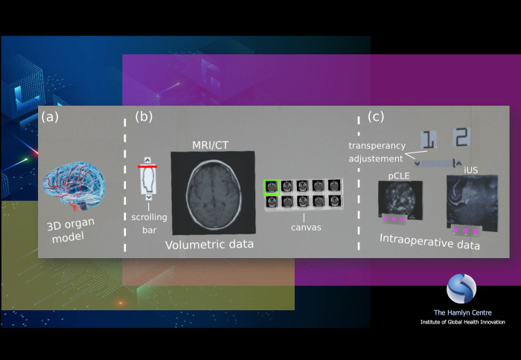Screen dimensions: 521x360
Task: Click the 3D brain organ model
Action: click(x=74, y=186)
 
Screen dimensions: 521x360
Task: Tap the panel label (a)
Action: click(x=50, y=117)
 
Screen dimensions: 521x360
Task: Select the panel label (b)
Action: click(x=144, y=117)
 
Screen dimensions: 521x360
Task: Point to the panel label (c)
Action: click(x=376, y=117)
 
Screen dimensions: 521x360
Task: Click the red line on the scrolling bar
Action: click(x=147, y=167)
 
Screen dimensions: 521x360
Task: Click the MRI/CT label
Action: click(x=211, y=145)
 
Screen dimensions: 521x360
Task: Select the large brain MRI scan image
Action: click(x=214, y=193)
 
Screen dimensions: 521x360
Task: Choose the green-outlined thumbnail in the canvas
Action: click(x=272, y=187)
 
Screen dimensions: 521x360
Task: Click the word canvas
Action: click(x=306, y=228)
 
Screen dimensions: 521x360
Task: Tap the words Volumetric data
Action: click(x=209, y=245)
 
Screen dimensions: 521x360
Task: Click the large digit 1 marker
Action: click(x=428, y=140)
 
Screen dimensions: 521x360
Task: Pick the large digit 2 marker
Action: click(x=461, y=137)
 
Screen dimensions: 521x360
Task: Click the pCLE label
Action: click(x=399, y=176)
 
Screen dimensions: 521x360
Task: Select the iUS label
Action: click(x=471, y=170)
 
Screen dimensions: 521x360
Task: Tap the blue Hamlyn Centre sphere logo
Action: click(x=461, y=289)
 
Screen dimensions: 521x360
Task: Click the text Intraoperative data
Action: click(x=429, y=242)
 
